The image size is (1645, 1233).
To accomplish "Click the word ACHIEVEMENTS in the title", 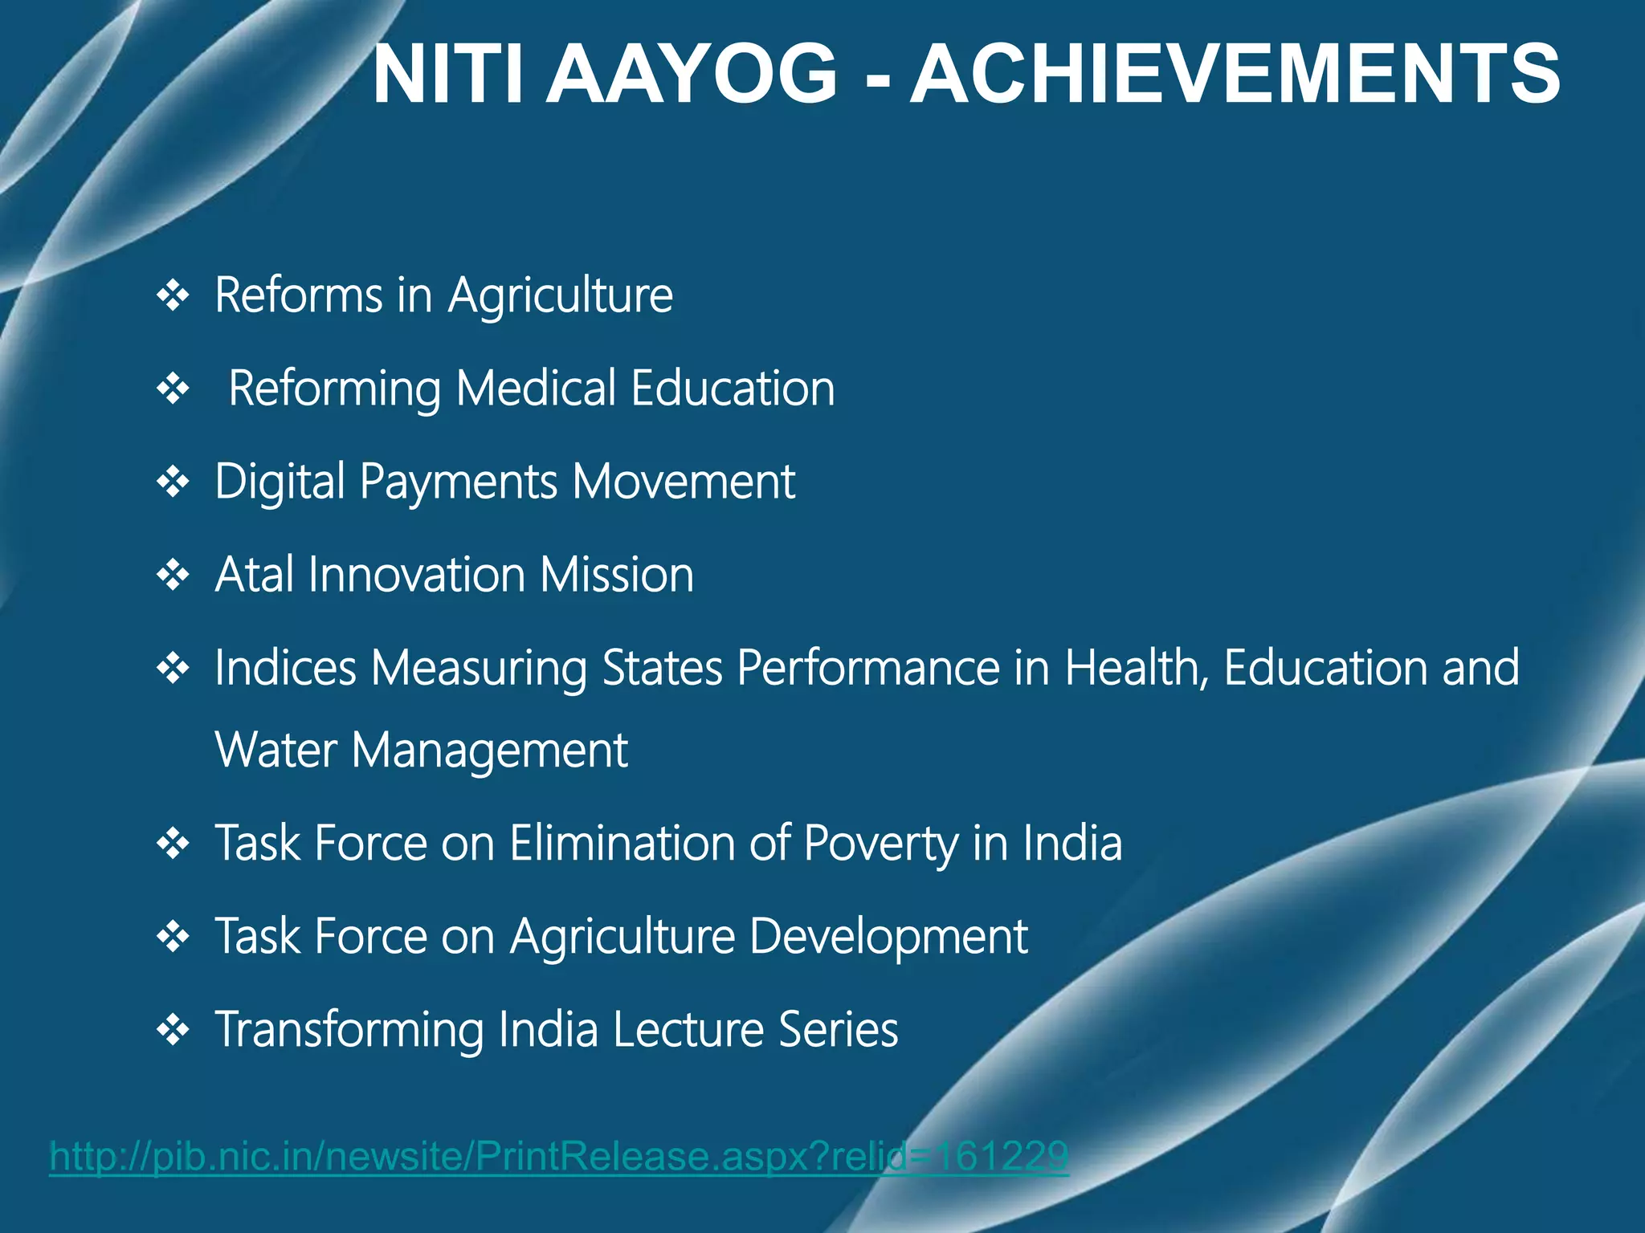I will pyautogui.click(x=1235, y=75).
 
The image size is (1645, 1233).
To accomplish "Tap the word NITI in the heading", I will pyautogui.click(x=447, y=75).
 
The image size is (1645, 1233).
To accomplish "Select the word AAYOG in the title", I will pyautogui.click(x=692, y=75).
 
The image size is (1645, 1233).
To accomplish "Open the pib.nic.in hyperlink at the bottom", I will pyautogui.click(x=559, y=1157).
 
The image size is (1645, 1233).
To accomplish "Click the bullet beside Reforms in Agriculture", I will pyautogui.click(x=173, y=296).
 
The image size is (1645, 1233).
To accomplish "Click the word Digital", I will pyautogui.click(x=280, y=482).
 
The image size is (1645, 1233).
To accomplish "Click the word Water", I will pyautogui.click(x=276, y=751).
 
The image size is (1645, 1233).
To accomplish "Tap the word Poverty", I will pyautogui.click(x=881, y=844).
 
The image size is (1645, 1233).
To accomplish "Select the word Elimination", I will pyautogui.click(x=622, y=844).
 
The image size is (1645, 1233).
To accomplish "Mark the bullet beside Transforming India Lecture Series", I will pyautogui.click(x=173, y=1030).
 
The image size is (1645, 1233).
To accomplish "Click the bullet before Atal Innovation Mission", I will pyautogui.click(x=173, y=576).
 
